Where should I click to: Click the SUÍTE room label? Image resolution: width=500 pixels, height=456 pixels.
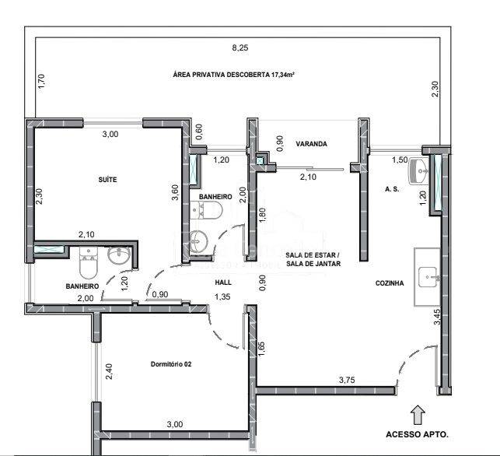tap(107, 180)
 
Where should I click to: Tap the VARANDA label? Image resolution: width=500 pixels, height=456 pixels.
tap(311, 144)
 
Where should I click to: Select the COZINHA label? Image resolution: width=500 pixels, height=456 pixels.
tap(390, 283)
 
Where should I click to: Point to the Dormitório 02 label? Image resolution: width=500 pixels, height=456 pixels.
tap(171, 364)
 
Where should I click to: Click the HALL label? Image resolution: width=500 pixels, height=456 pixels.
tap(223, 282)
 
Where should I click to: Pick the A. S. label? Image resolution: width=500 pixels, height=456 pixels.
tap(392, 189)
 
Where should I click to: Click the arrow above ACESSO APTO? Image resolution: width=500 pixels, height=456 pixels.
tap(418, 416)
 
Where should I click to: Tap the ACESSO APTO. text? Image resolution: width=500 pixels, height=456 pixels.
tap(417, 434)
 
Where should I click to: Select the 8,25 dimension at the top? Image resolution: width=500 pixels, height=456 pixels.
tap(240, 48)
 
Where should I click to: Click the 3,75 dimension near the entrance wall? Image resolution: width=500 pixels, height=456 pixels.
tap(347, 380)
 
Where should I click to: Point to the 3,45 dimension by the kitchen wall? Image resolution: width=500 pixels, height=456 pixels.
tap(437, 317)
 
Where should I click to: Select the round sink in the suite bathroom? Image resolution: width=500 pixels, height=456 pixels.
tap(119, 255)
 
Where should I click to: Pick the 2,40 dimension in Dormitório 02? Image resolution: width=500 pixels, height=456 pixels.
tap(109, 371)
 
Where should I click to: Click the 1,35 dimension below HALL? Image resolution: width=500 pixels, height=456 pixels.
tap(222, 296)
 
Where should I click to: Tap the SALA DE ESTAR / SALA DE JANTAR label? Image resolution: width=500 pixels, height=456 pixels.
tap(313, 259)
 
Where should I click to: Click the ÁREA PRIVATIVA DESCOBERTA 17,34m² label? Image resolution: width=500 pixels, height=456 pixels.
tap(233, 75)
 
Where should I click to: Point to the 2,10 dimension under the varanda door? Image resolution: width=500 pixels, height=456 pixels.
tap(308, 177)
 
